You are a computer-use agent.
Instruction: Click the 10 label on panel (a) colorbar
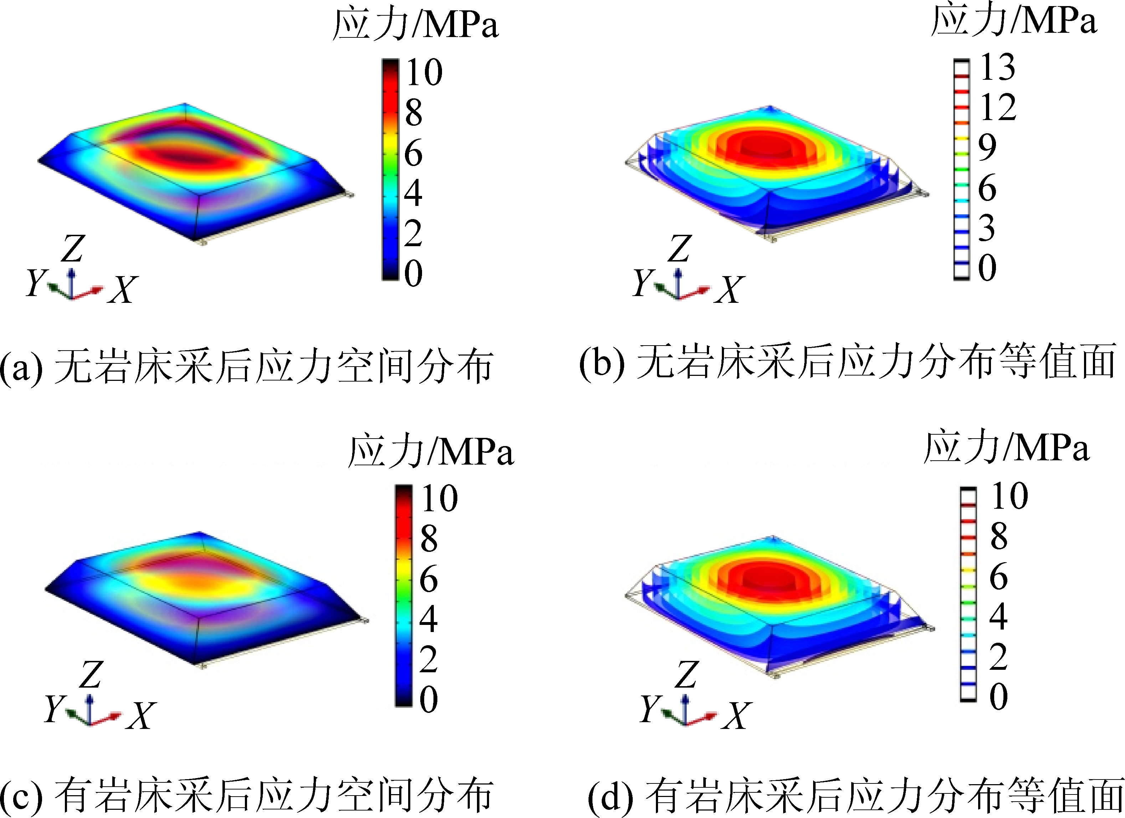pos(424,72)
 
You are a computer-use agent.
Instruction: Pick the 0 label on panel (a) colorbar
pos(413,273)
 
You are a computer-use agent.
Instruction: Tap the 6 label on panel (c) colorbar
pos(428,579)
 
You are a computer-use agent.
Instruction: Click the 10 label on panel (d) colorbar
pos(1010,496)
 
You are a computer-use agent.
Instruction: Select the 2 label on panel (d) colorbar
pos(998,657)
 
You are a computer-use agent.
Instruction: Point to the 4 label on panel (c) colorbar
pos(428,619)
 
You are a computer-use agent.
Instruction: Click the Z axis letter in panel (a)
pos(73,249)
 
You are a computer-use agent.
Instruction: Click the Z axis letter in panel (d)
pos(687,675)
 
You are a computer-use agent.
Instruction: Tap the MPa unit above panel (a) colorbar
pos(461,25)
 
